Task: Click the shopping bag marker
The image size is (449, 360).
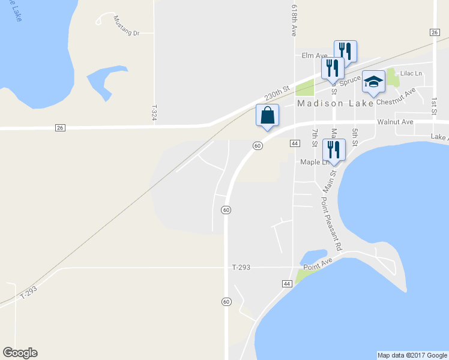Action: [x=267, y=115]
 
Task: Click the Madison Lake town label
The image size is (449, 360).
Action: [x=336, y=103]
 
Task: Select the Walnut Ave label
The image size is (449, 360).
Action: [x=395, y=122]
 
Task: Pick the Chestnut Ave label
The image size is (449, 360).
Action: [x=396, y=97]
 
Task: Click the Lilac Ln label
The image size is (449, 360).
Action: [x=411, y=73]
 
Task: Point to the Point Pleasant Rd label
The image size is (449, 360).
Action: [x=331, y=224]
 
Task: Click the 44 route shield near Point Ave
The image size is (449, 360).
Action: [x=286, y=283]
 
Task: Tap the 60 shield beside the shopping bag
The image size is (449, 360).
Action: [x=257, y=145]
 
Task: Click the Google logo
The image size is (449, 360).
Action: [x=20, y=353]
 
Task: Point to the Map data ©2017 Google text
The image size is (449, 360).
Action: [x=412, y=355]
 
